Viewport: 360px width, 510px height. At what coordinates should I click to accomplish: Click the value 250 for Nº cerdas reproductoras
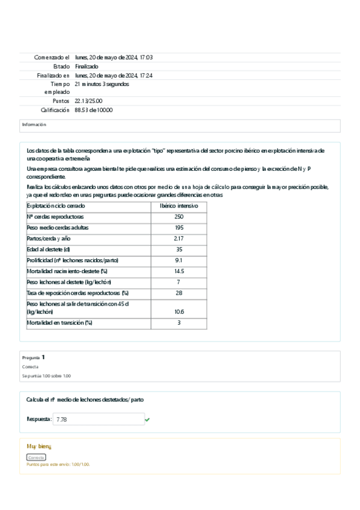(178, 217)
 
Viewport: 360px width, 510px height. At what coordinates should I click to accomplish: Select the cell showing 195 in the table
(178, 228)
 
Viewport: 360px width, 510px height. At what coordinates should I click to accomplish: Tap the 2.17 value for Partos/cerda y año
(178, 239)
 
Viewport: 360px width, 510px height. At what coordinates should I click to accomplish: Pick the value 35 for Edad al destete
(178, 250)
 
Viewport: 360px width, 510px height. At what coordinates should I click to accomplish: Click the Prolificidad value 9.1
(178, 260)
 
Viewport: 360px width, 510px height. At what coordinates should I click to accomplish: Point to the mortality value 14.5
(178, 271)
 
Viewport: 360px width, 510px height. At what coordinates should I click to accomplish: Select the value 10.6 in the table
(178, 312)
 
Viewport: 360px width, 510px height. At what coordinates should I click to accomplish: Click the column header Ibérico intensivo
(178, 206)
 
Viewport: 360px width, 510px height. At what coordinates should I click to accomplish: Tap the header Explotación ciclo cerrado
(56, 206)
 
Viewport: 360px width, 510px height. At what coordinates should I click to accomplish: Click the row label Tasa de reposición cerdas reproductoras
(78, 293)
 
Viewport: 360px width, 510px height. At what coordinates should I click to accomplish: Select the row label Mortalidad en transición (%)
(59, 323)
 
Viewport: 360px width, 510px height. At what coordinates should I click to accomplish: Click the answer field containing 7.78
(99, 419)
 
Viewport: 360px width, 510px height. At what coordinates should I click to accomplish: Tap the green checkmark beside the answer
(147, 419)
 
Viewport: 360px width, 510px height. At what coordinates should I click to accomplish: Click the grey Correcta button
(36, 457)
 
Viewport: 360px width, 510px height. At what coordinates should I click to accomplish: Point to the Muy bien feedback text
(39, 446)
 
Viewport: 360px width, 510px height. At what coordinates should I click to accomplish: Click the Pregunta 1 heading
(34, 357)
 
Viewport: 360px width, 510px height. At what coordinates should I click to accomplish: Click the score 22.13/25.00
(88, 101)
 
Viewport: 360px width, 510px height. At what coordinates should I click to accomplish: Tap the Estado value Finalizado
(87, 66)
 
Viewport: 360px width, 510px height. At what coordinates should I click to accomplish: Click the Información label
(34, 124)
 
